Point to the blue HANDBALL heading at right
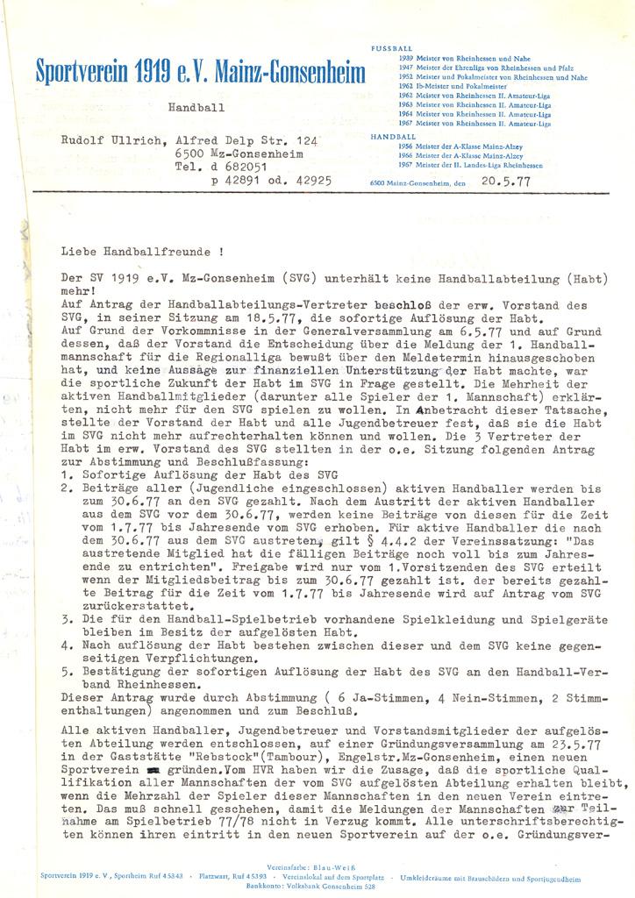pyautogui.click(x=393, y=138)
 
